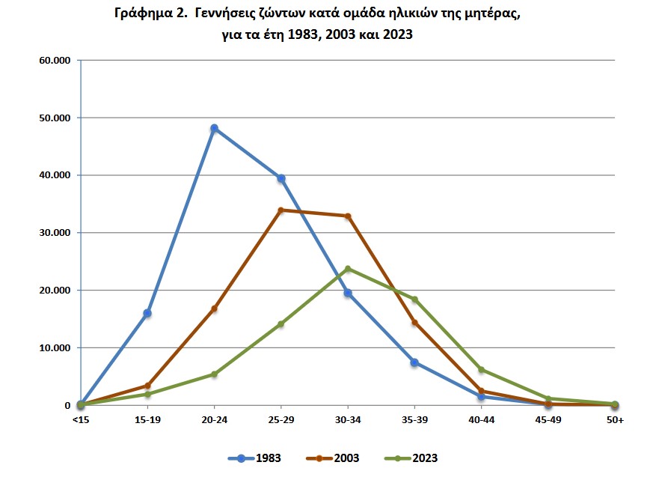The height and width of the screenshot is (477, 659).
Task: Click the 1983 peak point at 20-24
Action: tap(214, 128)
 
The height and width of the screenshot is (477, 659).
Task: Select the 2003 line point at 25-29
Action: tap(281, 210)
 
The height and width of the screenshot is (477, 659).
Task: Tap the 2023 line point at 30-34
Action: tap(348, 269)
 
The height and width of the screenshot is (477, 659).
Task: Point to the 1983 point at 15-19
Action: tap(147, 313)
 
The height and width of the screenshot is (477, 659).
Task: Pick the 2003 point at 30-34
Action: tap(348, 216)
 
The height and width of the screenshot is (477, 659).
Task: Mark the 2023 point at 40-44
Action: tap(481, 370)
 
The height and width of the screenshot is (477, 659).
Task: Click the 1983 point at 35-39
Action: tap(414, 362)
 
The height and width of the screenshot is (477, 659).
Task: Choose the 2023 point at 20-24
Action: tap(214, 374)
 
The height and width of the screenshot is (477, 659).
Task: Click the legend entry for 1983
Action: tap(255, 458)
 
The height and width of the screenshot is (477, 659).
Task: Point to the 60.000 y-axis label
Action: tap(54, 60)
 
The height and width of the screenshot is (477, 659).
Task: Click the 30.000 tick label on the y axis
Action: tap(54, 233)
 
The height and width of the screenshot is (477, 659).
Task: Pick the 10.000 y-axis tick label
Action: tap(54, 348)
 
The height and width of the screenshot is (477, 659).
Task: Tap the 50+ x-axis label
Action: tap(615, 420)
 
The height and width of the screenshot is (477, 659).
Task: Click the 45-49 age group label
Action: tap(548, 420)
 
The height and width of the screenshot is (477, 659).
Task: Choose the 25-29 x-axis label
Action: tap(281, 420)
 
